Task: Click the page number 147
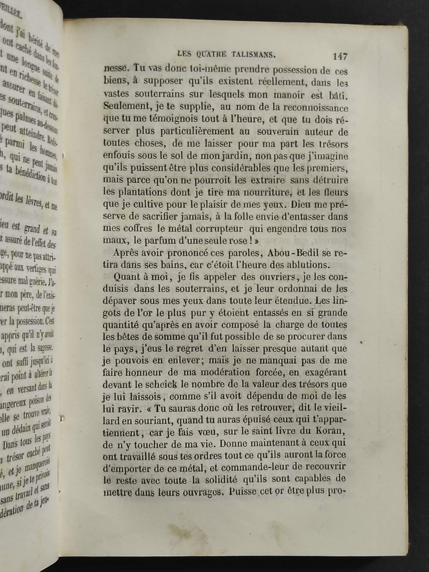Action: click(x=340, y=57)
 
